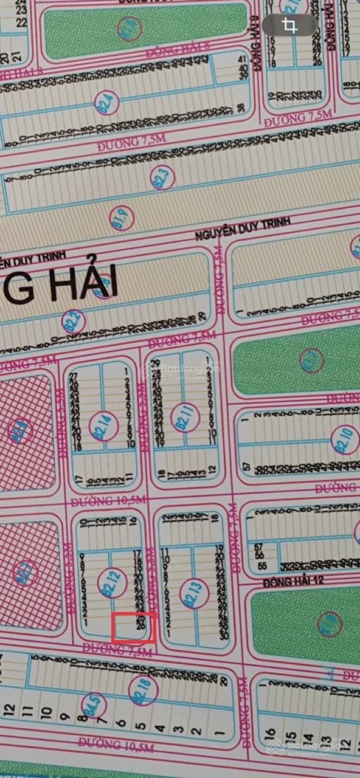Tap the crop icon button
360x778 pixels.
point(290,26)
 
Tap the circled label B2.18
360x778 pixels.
point(144,692)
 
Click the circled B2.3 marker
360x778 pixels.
point(162,177)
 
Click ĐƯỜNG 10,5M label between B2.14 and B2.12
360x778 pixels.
point(100,502)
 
